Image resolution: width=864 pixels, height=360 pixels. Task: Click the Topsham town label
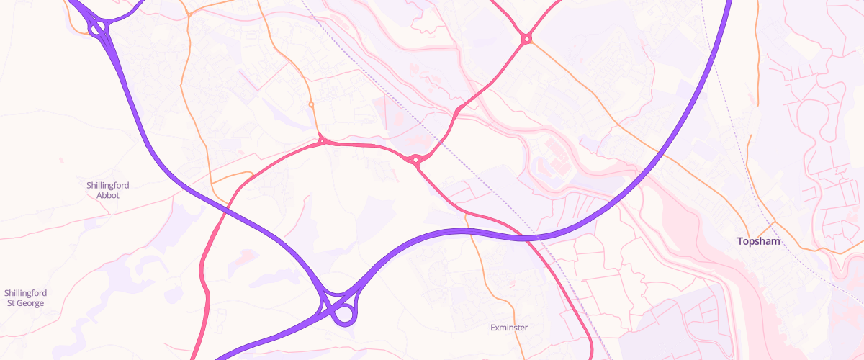758,242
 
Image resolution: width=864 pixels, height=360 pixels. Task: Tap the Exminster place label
509,328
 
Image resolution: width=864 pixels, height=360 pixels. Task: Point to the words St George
25,303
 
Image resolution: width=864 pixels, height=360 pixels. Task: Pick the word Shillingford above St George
25,293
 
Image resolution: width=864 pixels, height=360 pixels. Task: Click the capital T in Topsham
740,242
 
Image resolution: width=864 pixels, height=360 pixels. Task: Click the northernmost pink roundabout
527,38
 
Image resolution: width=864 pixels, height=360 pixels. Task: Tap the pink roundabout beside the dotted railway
415,159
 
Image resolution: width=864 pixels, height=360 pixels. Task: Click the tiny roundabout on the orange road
311,104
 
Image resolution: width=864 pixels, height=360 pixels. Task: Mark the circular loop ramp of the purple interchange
345,314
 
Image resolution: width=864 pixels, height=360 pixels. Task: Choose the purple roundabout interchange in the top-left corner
98,28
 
